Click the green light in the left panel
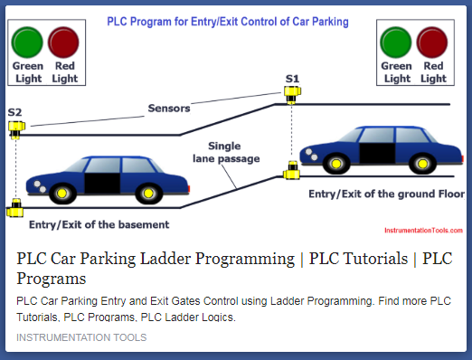pos(28,43)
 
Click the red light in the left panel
pos(64,43)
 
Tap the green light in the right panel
pos(396,43)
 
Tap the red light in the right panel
pos(432,43)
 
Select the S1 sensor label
pos(292,79)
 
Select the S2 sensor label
pos(15,112)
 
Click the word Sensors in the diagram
pos(169,109)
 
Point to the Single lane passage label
pos(226,152)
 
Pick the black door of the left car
pos(102,179)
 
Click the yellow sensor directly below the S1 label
pos(291,94)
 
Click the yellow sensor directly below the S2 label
pos(16,128)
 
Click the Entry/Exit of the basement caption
pos(99,223)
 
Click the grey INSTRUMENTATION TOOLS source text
pos(81,337)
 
